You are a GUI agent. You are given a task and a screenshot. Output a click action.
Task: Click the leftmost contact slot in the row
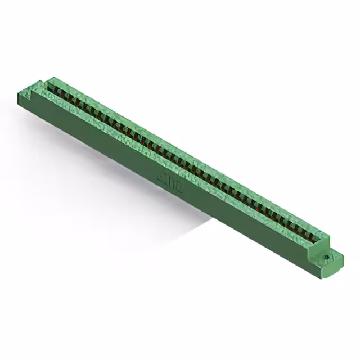52,87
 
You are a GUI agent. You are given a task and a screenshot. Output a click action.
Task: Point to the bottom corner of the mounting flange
329,277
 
